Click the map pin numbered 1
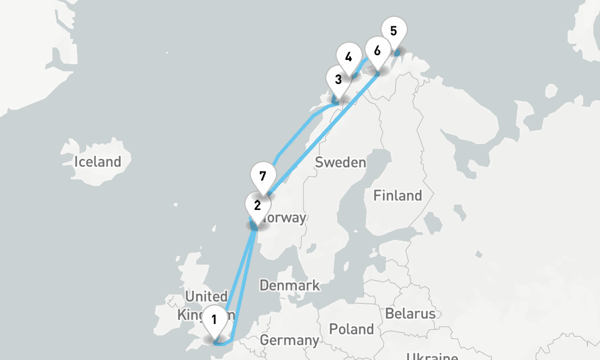coord(214,319)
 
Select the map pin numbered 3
coord(338,79)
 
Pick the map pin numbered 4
coord(348,58)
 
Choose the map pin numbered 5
coord(393,30)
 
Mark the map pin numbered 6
coord(377,50)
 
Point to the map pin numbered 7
coord(262,176)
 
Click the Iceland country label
coord(97,161)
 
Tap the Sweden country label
coord(340,162)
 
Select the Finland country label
coord(397,196)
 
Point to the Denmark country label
coord(289,286)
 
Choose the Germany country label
coord(289,341)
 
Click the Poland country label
coord(352,329)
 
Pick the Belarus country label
coord(410,314)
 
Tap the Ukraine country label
coord(432,355)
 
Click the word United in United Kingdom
coord(206,296)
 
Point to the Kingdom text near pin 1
coord(191,315)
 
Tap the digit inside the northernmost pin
coord(393,30)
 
